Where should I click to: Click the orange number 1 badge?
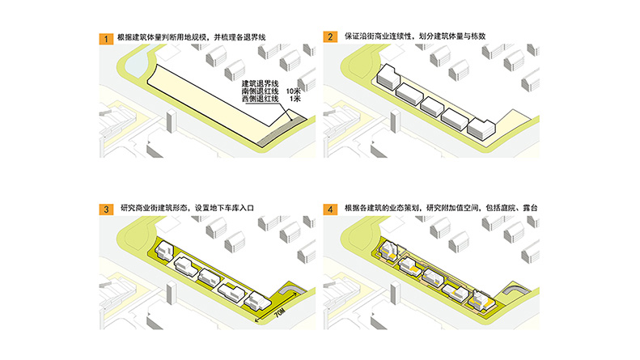point(104,37)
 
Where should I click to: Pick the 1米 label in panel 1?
point(292,100)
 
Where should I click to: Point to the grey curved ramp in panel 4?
point(515,292)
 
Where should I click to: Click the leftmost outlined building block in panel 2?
point(386,78)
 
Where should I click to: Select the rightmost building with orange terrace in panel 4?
point(485,300)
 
